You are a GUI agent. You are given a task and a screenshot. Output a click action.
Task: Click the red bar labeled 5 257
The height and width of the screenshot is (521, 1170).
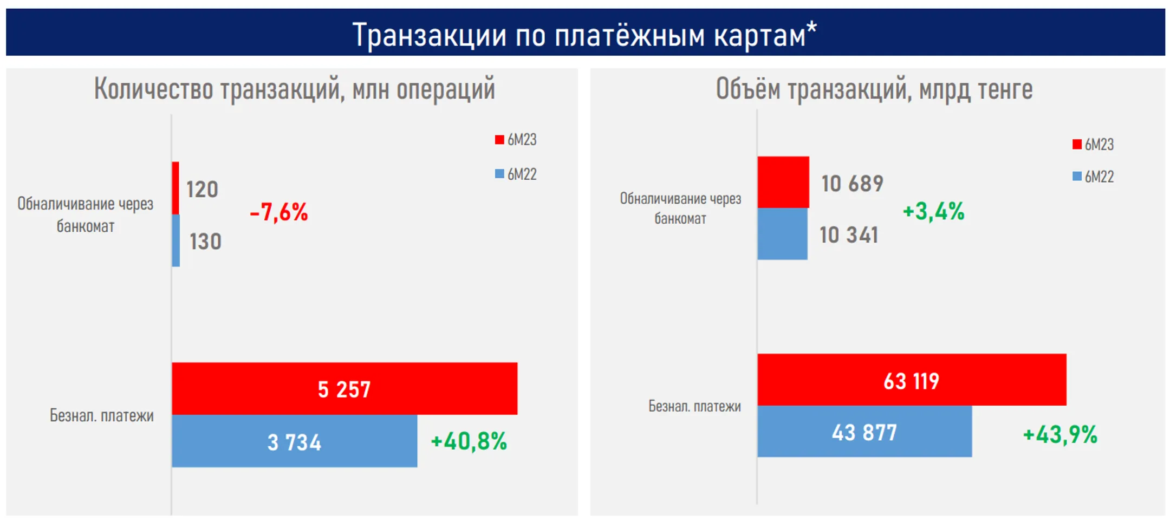tap(344, 388)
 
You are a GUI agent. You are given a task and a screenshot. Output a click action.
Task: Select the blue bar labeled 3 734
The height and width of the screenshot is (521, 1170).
tap(294, 441)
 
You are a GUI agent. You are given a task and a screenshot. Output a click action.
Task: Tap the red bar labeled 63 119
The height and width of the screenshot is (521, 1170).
tap(912, 380)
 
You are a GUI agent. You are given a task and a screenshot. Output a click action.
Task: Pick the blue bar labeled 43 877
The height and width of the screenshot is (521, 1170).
tap(864, 432)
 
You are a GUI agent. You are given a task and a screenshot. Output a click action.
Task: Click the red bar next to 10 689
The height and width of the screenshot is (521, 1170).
tap(783, 182)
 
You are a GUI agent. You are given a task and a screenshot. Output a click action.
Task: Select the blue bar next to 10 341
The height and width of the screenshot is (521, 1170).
tap(782, 234)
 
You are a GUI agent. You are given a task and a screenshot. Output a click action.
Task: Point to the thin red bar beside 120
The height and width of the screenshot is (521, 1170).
tap(175, 188)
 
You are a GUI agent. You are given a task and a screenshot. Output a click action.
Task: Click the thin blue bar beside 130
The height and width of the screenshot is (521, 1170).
tap(176, 240)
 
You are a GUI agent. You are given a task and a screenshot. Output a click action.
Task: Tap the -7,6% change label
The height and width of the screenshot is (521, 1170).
tap(278, 212)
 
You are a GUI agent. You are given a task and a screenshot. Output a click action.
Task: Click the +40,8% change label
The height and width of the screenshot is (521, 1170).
tap(469, 441)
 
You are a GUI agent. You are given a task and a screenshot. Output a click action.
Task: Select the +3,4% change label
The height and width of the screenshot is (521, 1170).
tap(933, 211)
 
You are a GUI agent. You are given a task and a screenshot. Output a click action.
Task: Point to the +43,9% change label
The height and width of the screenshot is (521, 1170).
tap(1060, 434)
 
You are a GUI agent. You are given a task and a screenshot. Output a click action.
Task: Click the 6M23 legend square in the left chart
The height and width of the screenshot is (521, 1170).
tap(499, 140)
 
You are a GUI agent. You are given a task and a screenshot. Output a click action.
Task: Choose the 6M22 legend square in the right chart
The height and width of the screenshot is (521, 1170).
tap(1077, 177)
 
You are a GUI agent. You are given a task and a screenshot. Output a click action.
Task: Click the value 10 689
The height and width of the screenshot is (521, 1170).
tap(852, 184)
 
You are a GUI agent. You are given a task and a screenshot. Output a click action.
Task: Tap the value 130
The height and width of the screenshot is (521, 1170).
tap(205, 242)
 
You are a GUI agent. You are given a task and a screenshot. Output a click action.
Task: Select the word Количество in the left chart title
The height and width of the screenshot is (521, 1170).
tap(153, 89)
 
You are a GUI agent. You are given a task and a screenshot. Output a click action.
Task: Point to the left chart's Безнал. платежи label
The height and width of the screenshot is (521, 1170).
tap(102, 415)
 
